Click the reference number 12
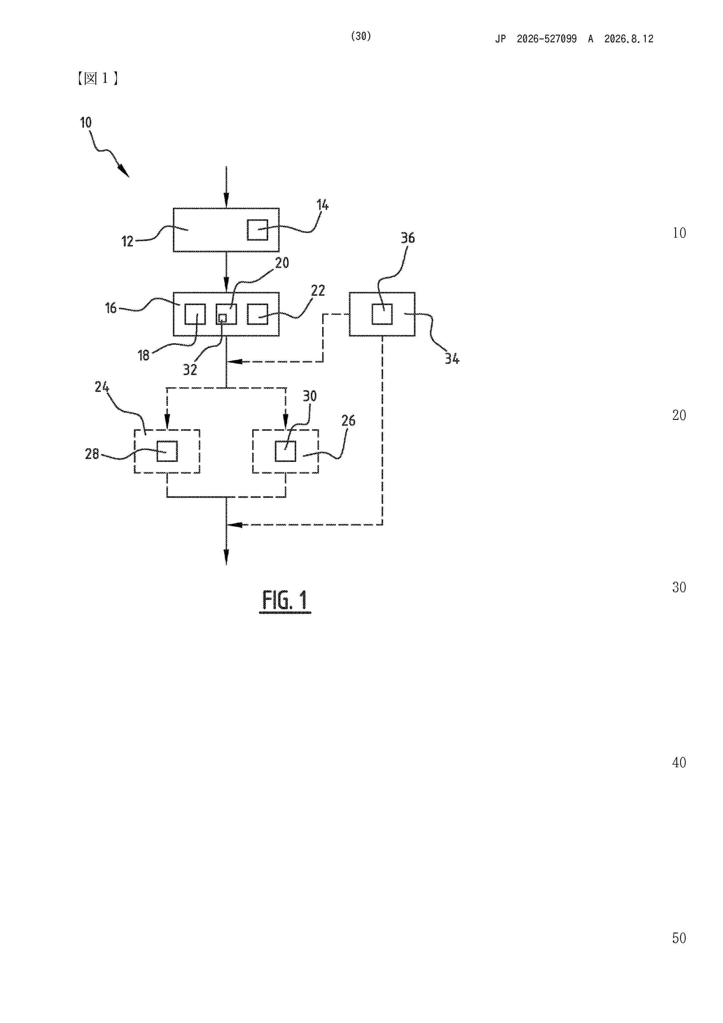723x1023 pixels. (x=127, y=241)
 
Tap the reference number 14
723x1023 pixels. (x=322, y=205)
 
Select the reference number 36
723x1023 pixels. (x=408, y=238)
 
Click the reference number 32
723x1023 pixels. (x=190, y=369)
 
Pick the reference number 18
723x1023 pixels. (x=143, y=355)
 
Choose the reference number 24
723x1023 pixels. (x=101, y=387)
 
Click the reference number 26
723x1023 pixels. (x=348, y=421)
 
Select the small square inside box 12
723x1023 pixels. (x=257, y=230)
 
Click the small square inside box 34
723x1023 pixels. (x=382, y=314)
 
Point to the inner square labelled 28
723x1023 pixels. (x=167, y=451)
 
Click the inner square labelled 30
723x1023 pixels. (x=285, y=451)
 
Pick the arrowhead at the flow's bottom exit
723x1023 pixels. (x=226, y=558)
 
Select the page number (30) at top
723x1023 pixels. (x=361, y=36)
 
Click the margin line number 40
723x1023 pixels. (x=679, y=762)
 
